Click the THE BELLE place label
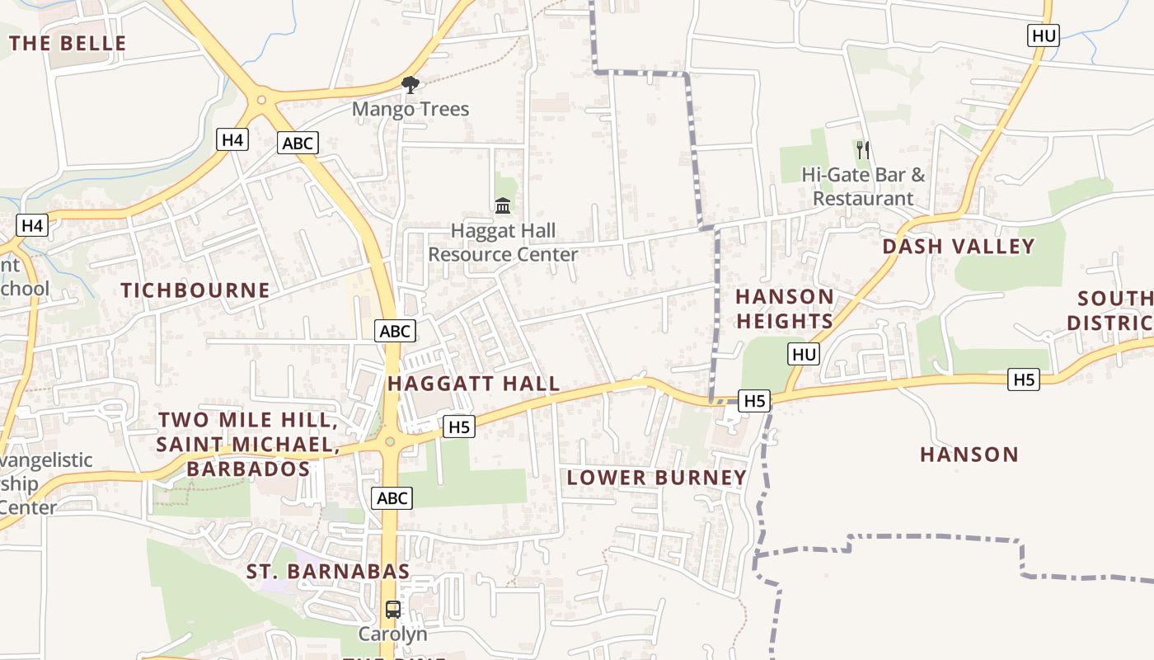click(68, 44)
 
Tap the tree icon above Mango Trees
click(410, 84)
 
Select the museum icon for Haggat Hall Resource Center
click(503, 205)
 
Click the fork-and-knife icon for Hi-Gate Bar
click(863, 149)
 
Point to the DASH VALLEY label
click(959, 247)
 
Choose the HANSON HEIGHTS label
click(785, 309)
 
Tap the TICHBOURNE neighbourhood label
click(195, 290)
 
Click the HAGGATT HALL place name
click(474, 384)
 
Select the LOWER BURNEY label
click(657, 478)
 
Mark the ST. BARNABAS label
click(328, 572)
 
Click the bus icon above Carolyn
click(393, 610)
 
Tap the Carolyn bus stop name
click(392, 634)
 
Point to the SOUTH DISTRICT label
click(1113, 309)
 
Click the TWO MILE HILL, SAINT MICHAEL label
click(247, 445)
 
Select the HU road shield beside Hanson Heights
click(804, 355)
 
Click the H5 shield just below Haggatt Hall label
click(459, 427)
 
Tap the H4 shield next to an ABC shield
click(233, 140)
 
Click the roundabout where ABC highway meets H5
click(391, 442)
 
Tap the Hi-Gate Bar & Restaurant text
click(863, 187)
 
